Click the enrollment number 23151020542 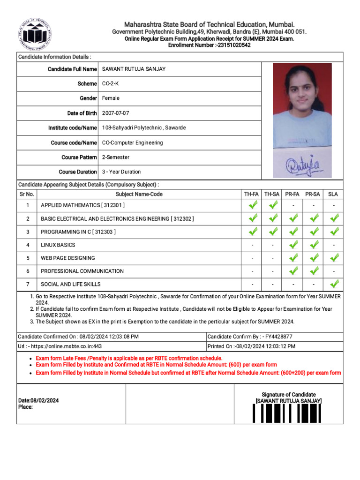[x=232, y=45]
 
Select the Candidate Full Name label [x=72, y=69]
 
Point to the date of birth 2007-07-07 [x=115, y=113]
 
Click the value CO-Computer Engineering [x=133, y=142]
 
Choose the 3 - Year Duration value [x=121, y=172]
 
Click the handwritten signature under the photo [x=302, y=165]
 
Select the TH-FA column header [x=251, y=194]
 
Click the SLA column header [x=333, y=194]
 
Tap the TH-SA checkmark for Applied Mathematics [x=273, y=205]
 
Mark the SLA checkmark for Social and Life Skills [x=334, y=284]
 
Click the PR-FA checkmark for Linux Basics [x=293, y=244]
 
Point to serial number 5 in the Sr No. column [x=28, y=258]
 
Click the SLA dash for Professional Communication [x=333, y=271]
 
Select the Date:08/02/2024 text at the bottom [x=38, y=401]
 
